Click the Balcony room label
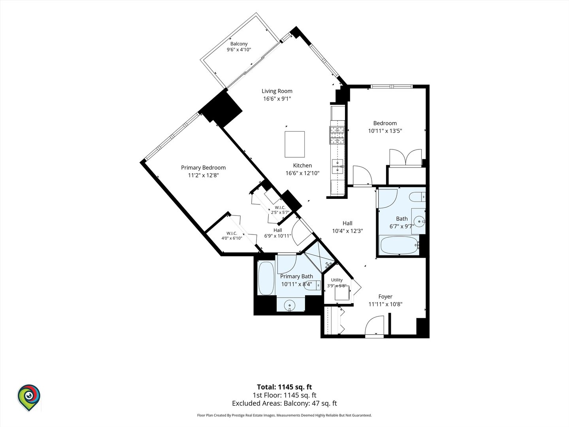pos(239,44)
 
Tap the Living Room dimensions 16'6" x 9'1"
pos(277,98)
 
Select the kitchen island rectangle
pos(294,144)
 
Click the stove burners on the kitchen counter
pos(337,135)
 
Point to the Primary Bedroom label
pos(203,168)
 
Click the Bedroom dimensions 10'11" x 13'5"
pos(385,130)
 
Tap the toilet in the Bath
pos(417,197)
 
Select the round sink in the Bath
pos(419,221)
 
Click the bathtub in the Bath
pos(399,245)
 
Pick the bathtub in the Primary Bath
pos(266,278)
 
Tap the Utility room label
pos(337,280)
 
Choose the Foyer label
pos(385,297)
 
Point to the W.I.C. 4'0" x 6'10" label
pos(232,236)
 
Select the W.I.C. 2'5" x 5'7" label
pos(280,210)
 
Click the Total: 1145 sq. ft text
pos(284,387)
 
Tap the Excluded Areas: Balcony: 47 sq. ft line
pos(284,403)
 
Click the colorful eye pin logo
pos(29,397)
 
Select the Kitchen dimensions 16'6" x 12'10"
pos(302,173)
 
